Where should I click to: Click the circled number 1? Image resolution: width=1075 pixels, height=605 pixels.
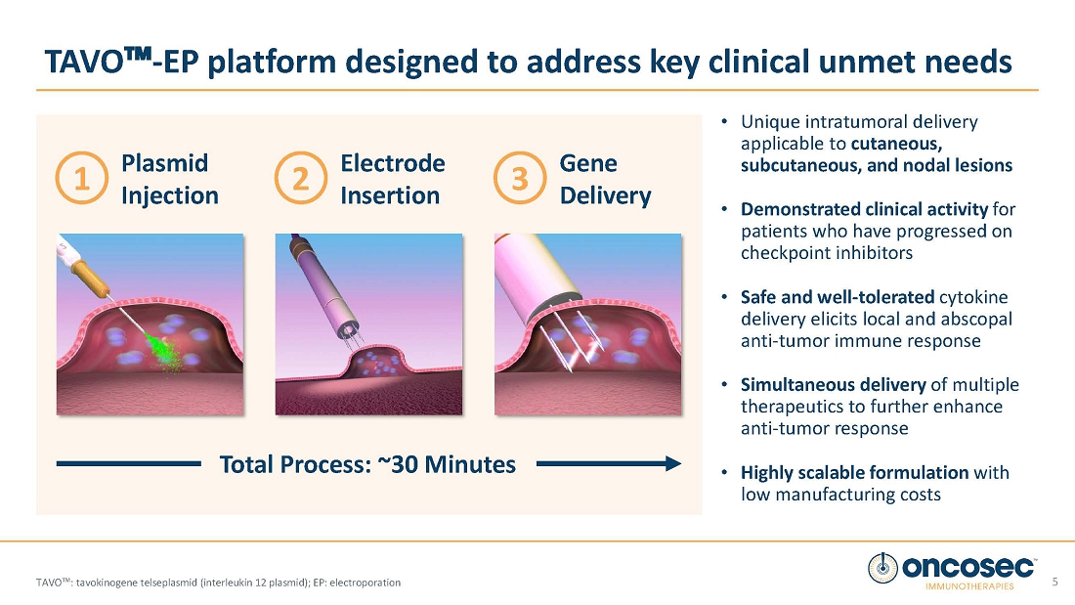click(x=81, y=178)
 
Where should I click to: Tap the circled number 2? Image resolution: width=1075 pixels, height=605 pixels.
click(x=301, y=178)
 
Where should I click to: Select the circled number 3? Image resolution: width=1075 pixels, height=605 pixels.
click(x=520, y=178)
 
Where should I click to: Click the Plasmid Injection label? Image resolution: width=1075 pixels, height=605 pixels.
click(x=169, y=179)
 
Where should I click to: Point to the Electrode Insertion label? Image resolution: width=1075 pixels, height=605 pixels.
click(x=392, y=179)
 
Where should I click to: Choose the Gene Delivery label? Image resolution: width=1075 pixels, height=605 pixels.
click(x=605, y=179)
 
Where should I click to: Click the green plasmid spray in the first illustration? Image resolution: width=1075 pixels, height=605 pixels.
click(x=163, y=350)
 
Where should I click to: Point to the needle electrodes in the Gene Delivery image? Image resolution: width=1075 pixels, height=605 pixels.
click(x=569, y=339)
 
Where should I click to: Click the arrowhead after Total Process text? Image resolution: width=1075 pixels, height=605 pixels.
click(x=673, y=463)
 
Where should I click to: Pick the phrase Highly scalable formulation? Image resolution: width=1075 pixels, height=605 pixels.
click(x=854, y=473)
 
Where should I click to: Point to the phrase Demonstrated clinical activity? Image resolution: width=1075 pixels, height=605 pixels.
click(x=864, y=209)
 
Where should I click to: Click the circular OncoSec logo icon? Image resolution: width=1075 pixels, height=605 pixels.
click(x=882, y=568)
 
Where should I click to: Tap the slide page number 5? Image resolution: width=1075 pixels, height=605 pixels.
click(x=1055, y=582)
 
